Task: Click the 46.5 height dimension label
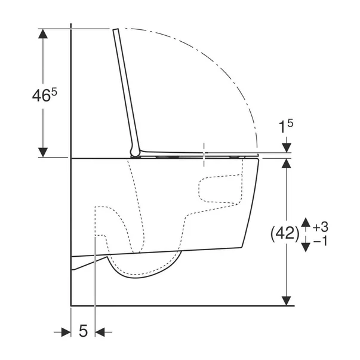click(x=44, y=95)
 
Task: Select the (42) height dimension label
click(x=285, y=234)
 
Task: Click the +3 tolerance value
click(x=321, y=227)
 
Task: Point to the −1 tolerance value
click(x=320, y=241)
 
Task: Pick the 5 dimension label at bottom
click(x=83, y=331)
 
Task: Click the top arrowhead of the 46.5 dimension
click(x=43, y=33)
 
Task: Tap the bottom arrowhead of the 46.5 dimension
click(x=43, y=152)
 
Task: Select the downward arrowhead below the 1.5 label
click(x=287, y=147)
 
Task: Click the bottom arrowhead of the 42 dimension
click(x=287, y=301)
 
